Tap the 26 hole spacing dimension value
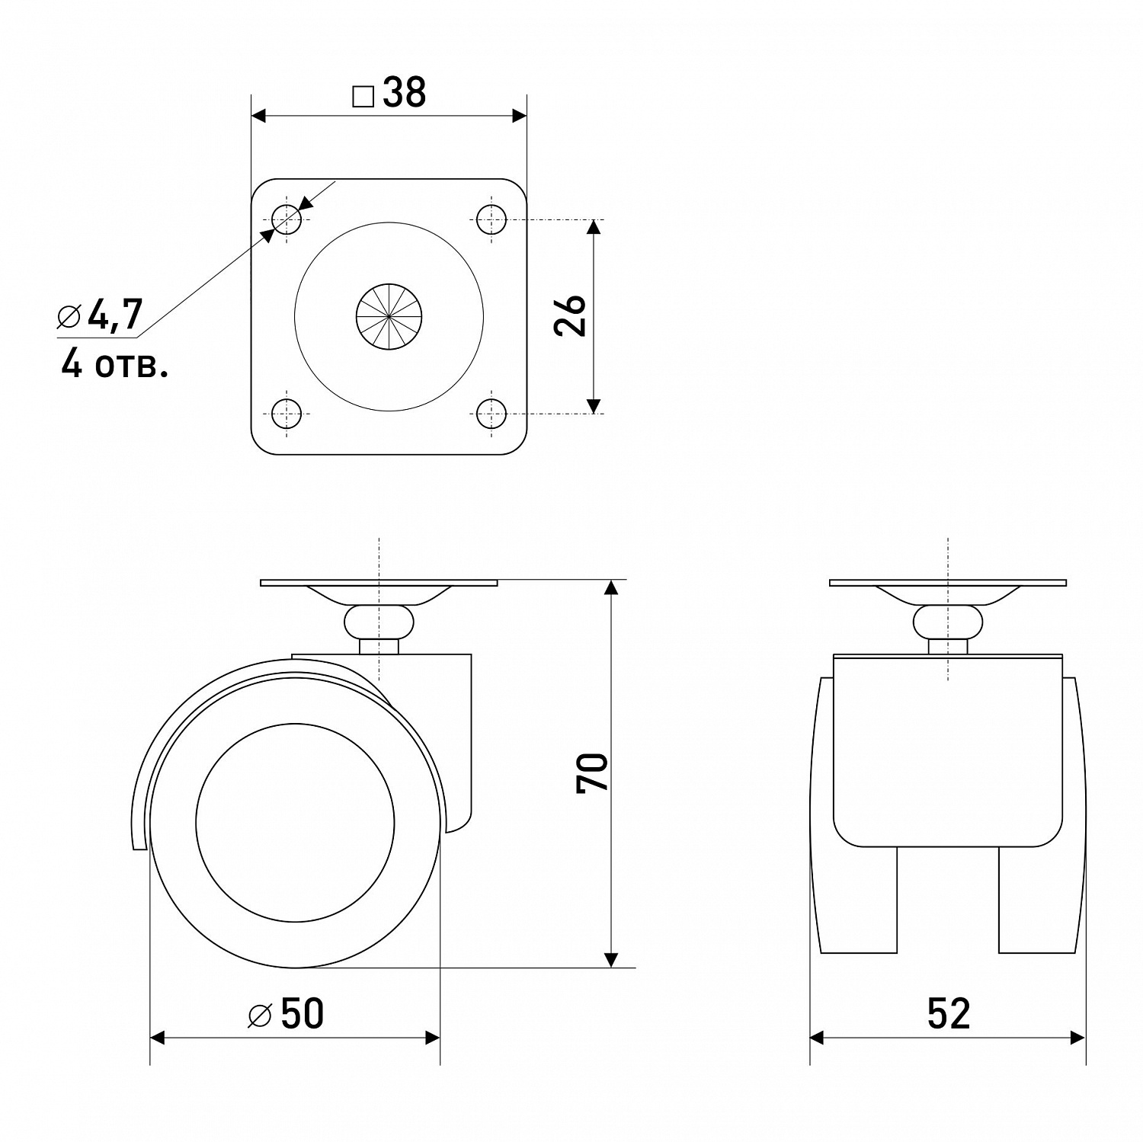[x=571, y=315]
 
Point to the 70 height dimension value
[x=593, y=773]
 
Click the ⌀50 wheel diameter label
[x=287, y=1014]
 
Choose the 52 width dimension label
[x=949, y=1014]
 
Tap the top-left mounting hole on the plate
[x=287, y=220]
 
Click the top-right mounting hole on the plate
[x=491, y=220]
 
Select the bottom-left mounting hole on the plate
[x=287, y=414]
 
